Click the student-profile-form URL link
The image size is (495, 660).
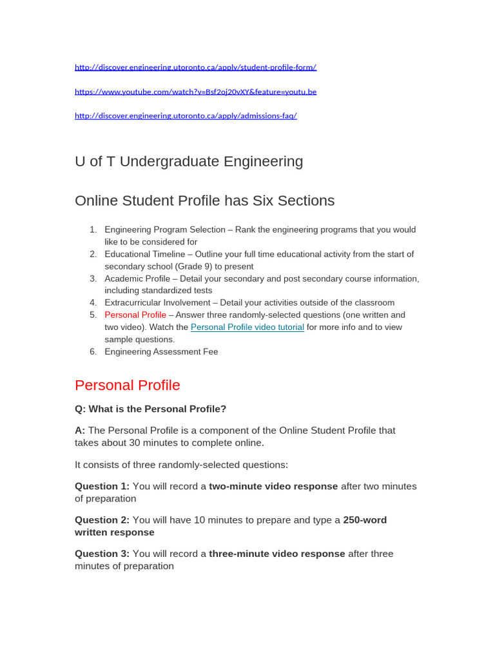click(x=195, y=67)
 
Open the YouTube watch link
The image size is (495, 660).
click(x=195, y=92)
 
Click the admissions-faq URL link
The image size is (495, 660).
click(x=186, y=116)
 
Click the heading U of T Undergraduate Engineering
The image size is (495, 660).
click(x=189, y=161)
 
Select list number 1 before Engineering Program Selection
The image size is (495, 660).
click(x=93, y=229)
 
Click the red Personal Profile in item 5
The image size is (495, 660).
click(x=135, y=315)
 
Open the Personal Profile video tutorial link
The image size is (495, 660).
click(x=247, y=327)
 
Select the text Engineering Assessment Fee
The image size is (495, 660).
click(x=161, y=352)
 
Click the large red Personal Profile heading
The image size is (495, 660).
click(x=128, y=385)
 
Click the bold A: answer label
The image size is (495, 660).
click(x=80, y=431)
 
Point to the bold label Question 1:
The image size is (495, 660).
click(x=102, y=486)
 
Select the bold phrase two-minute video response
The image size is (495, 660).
click(x=273, y=486)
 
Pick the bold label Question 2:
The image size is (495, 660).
click(x=102, y=520)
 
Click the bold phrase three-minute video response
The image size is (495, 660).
click(x=277, y=554)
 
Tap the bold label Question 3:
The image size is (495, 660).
click(x=102, y=554)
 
